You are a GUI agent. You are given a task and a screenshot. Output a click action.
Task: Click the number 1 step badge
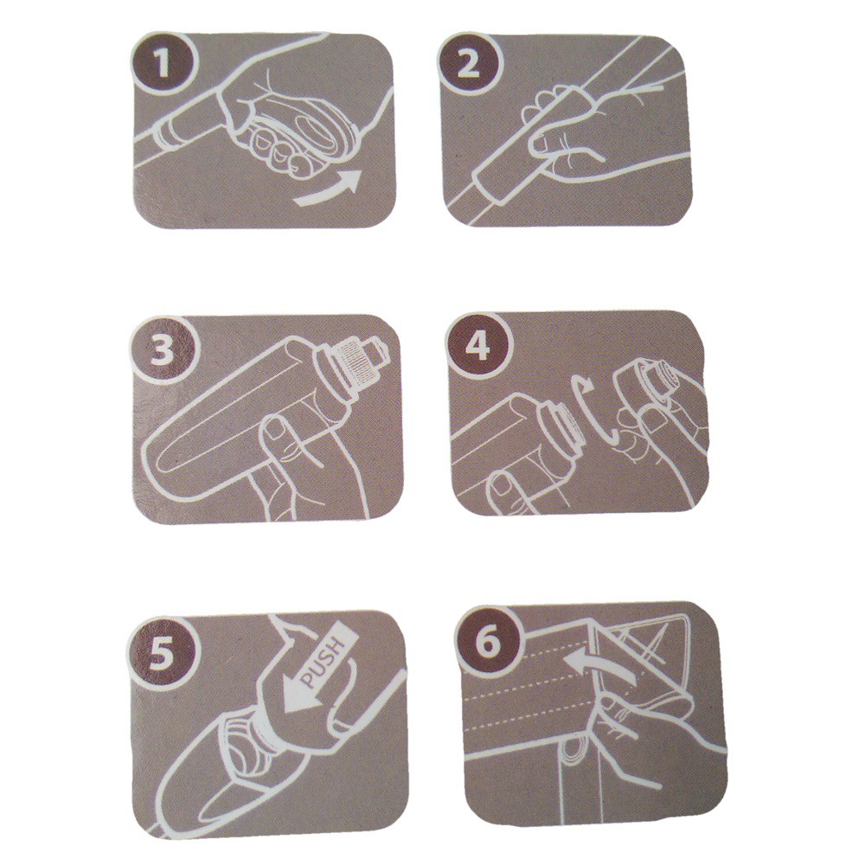[163, 61]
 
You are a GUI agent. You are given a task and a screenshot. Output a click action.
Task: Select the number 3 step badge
[163, 351]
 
